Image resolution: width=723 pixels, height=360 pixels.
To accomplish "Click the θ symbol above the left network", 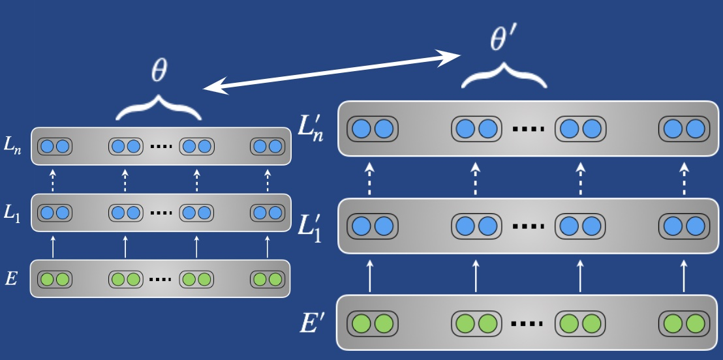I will click(159, 72).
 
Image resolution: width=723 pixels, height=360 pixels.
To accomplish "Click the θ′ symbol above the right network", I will click(503, 40).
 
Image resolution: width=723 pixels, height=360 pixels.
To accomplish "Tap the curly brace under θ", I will click(159, 107).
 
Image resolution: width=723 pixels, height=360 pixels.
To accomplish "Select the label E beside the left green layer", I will click(12, 280).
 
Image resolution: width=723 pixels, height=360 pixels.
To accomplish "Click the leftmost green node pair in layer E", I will click(54, 279).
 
